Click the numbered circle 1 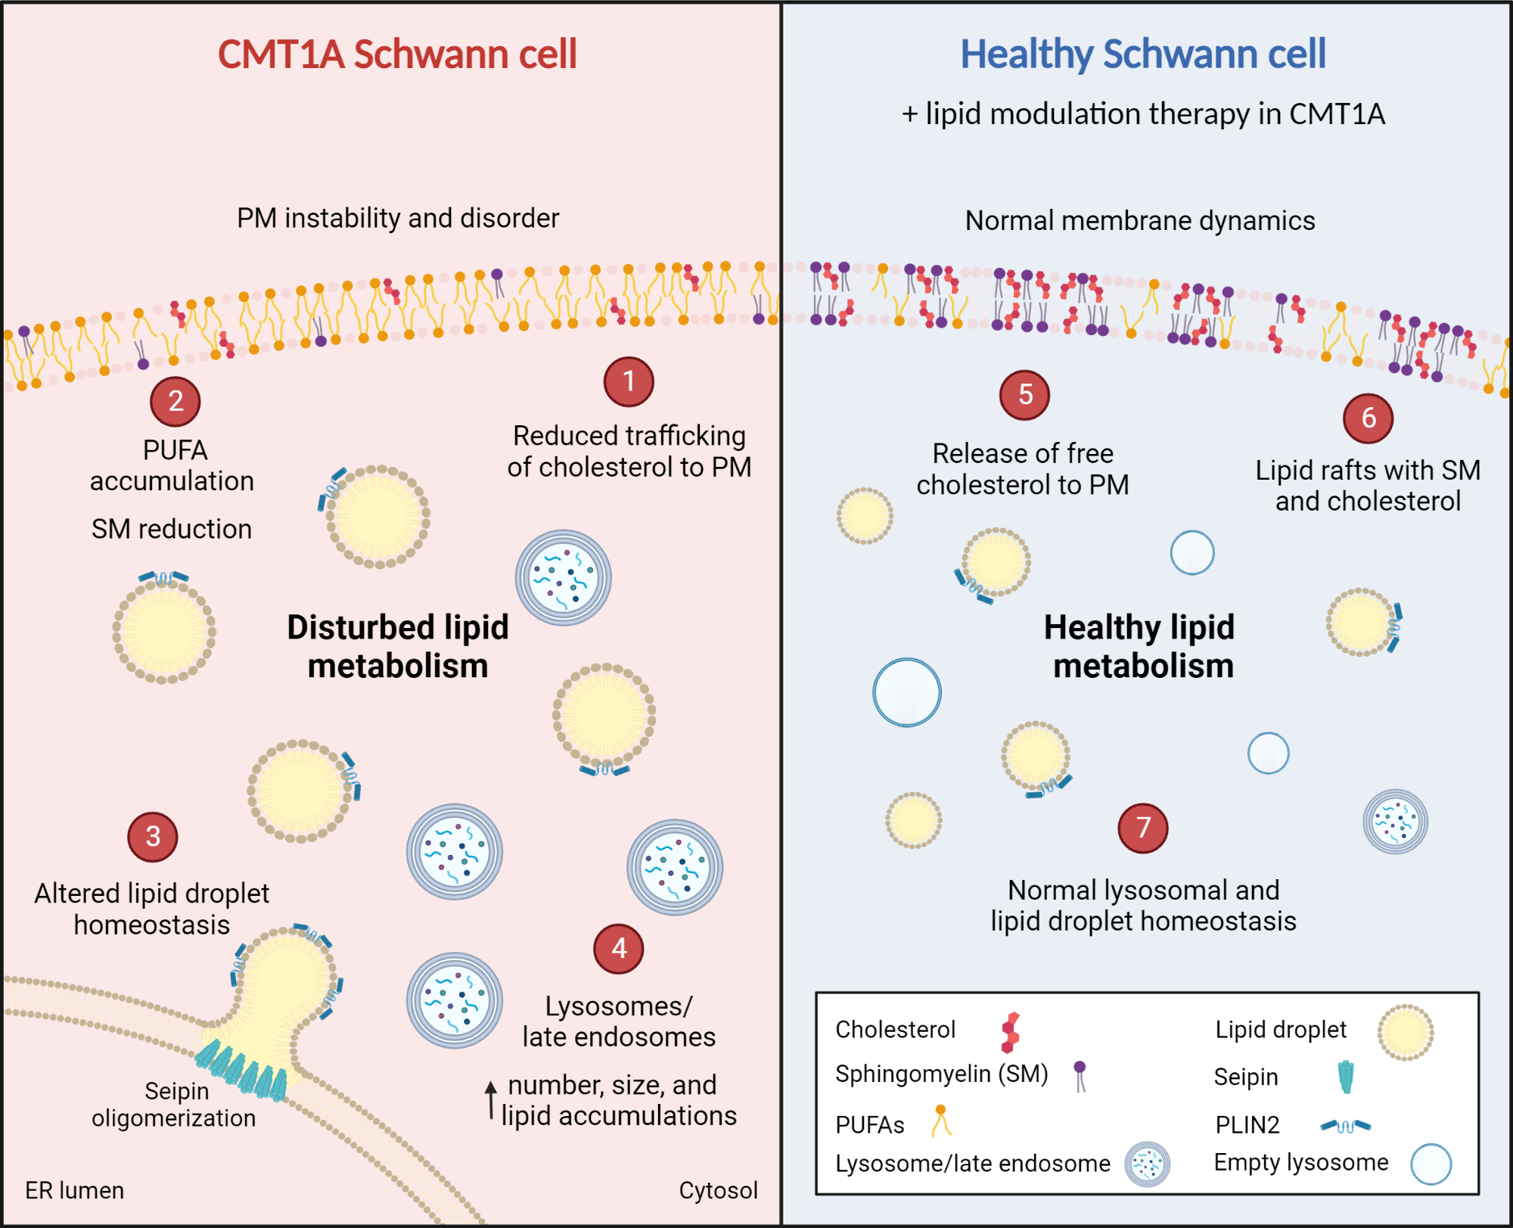[x=629, y=382]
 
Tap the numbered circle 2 [x=176, y=402]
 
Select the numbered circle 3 [x=153, y=837]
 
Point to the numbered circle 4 [x=619, y=949]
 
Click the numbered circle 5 [x=1025, y=395]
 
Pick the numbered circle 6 [x=1369, y=418]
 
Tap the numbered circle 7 [x=1143, y=829]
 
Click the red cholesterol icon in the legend [x=1010, y=1033]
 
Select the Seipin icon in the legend [x=1346, y=1077]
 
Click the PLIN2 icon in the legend [x=1346, y=1126]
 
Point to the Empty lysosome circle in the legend [x=1431, y=1164]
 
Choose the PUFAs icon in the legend [x=941, y=1121]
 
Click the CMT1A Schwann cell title [x=397, y=54]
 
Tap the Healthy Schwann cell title [x=1142, y=54]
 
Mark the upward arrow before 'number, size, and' [x=491, y=1100]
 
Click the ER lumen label [x=74, y=1190]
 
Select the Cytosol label [x=718, y=1190]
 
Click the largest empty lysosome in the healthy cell [x=907, y=692]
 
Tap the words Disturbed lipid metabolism [x=398, y=647]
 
